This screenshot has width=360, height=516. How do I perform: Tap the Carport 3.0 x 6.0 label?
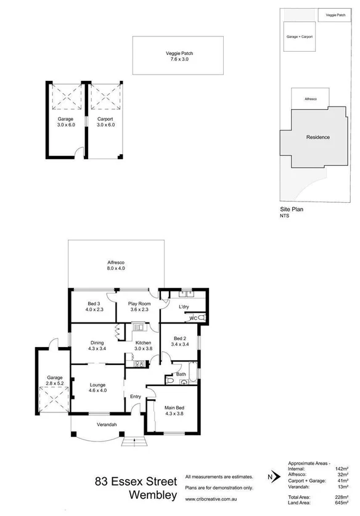(105, 122)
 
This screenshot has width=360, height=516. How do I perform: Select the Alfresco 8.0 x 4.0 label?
(116, 265)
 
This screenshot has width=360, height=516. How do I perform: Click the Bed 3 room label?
(94, 306)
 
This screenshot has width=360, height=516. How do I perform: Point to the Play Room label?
(139, 306)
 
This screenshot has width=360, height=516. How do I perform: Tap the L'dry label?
(183, 306)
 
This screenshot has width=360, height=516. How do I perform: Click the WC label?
(193, 318)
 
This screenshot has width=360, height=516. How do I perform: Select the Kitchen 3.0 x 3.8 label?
(143, 345)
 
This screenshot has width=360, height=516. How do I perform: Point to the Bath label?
(181, 374)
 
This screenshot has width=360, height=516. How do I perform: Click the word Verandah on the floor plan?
(107, 425)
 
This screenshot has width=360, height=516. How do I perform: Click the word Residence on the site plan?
(317, 137)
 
